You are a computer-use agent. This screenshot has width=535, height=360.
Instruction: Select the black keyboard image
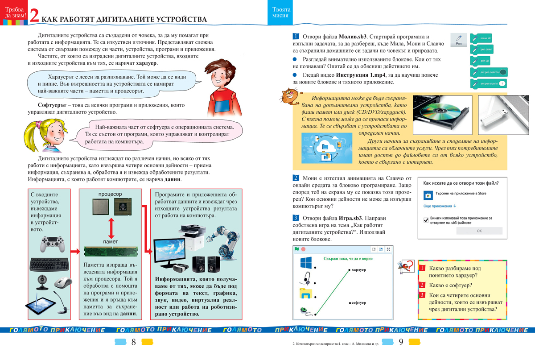pyautogui.click(x=49, y=265)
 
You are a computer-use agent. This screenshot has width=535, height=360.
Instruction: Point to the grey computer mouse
pyautogui.click(x=63, y=282)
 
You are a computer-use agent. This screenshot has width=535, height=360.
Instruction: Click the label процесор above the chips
pyautogui.click(x=110, y=194)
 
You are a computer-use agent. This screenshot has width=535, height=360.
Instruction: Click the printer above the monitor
pyautogui.click(x=192, y=235)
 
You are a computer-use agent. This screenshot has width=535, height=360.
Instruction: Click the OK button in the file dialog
pyautogui.click(x=479, y=231)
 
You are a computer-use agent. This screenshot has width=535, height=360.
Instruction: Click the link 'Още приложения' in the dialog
pyautogui.click(x=440, y=206)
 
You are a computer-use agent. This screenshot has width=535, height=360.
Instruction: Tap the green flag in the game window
pyautogui.click(x=296, y=249)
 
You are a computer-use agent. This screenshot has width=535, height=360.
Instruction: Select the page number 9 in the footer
pyautogui.click(x=400, y=343)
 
